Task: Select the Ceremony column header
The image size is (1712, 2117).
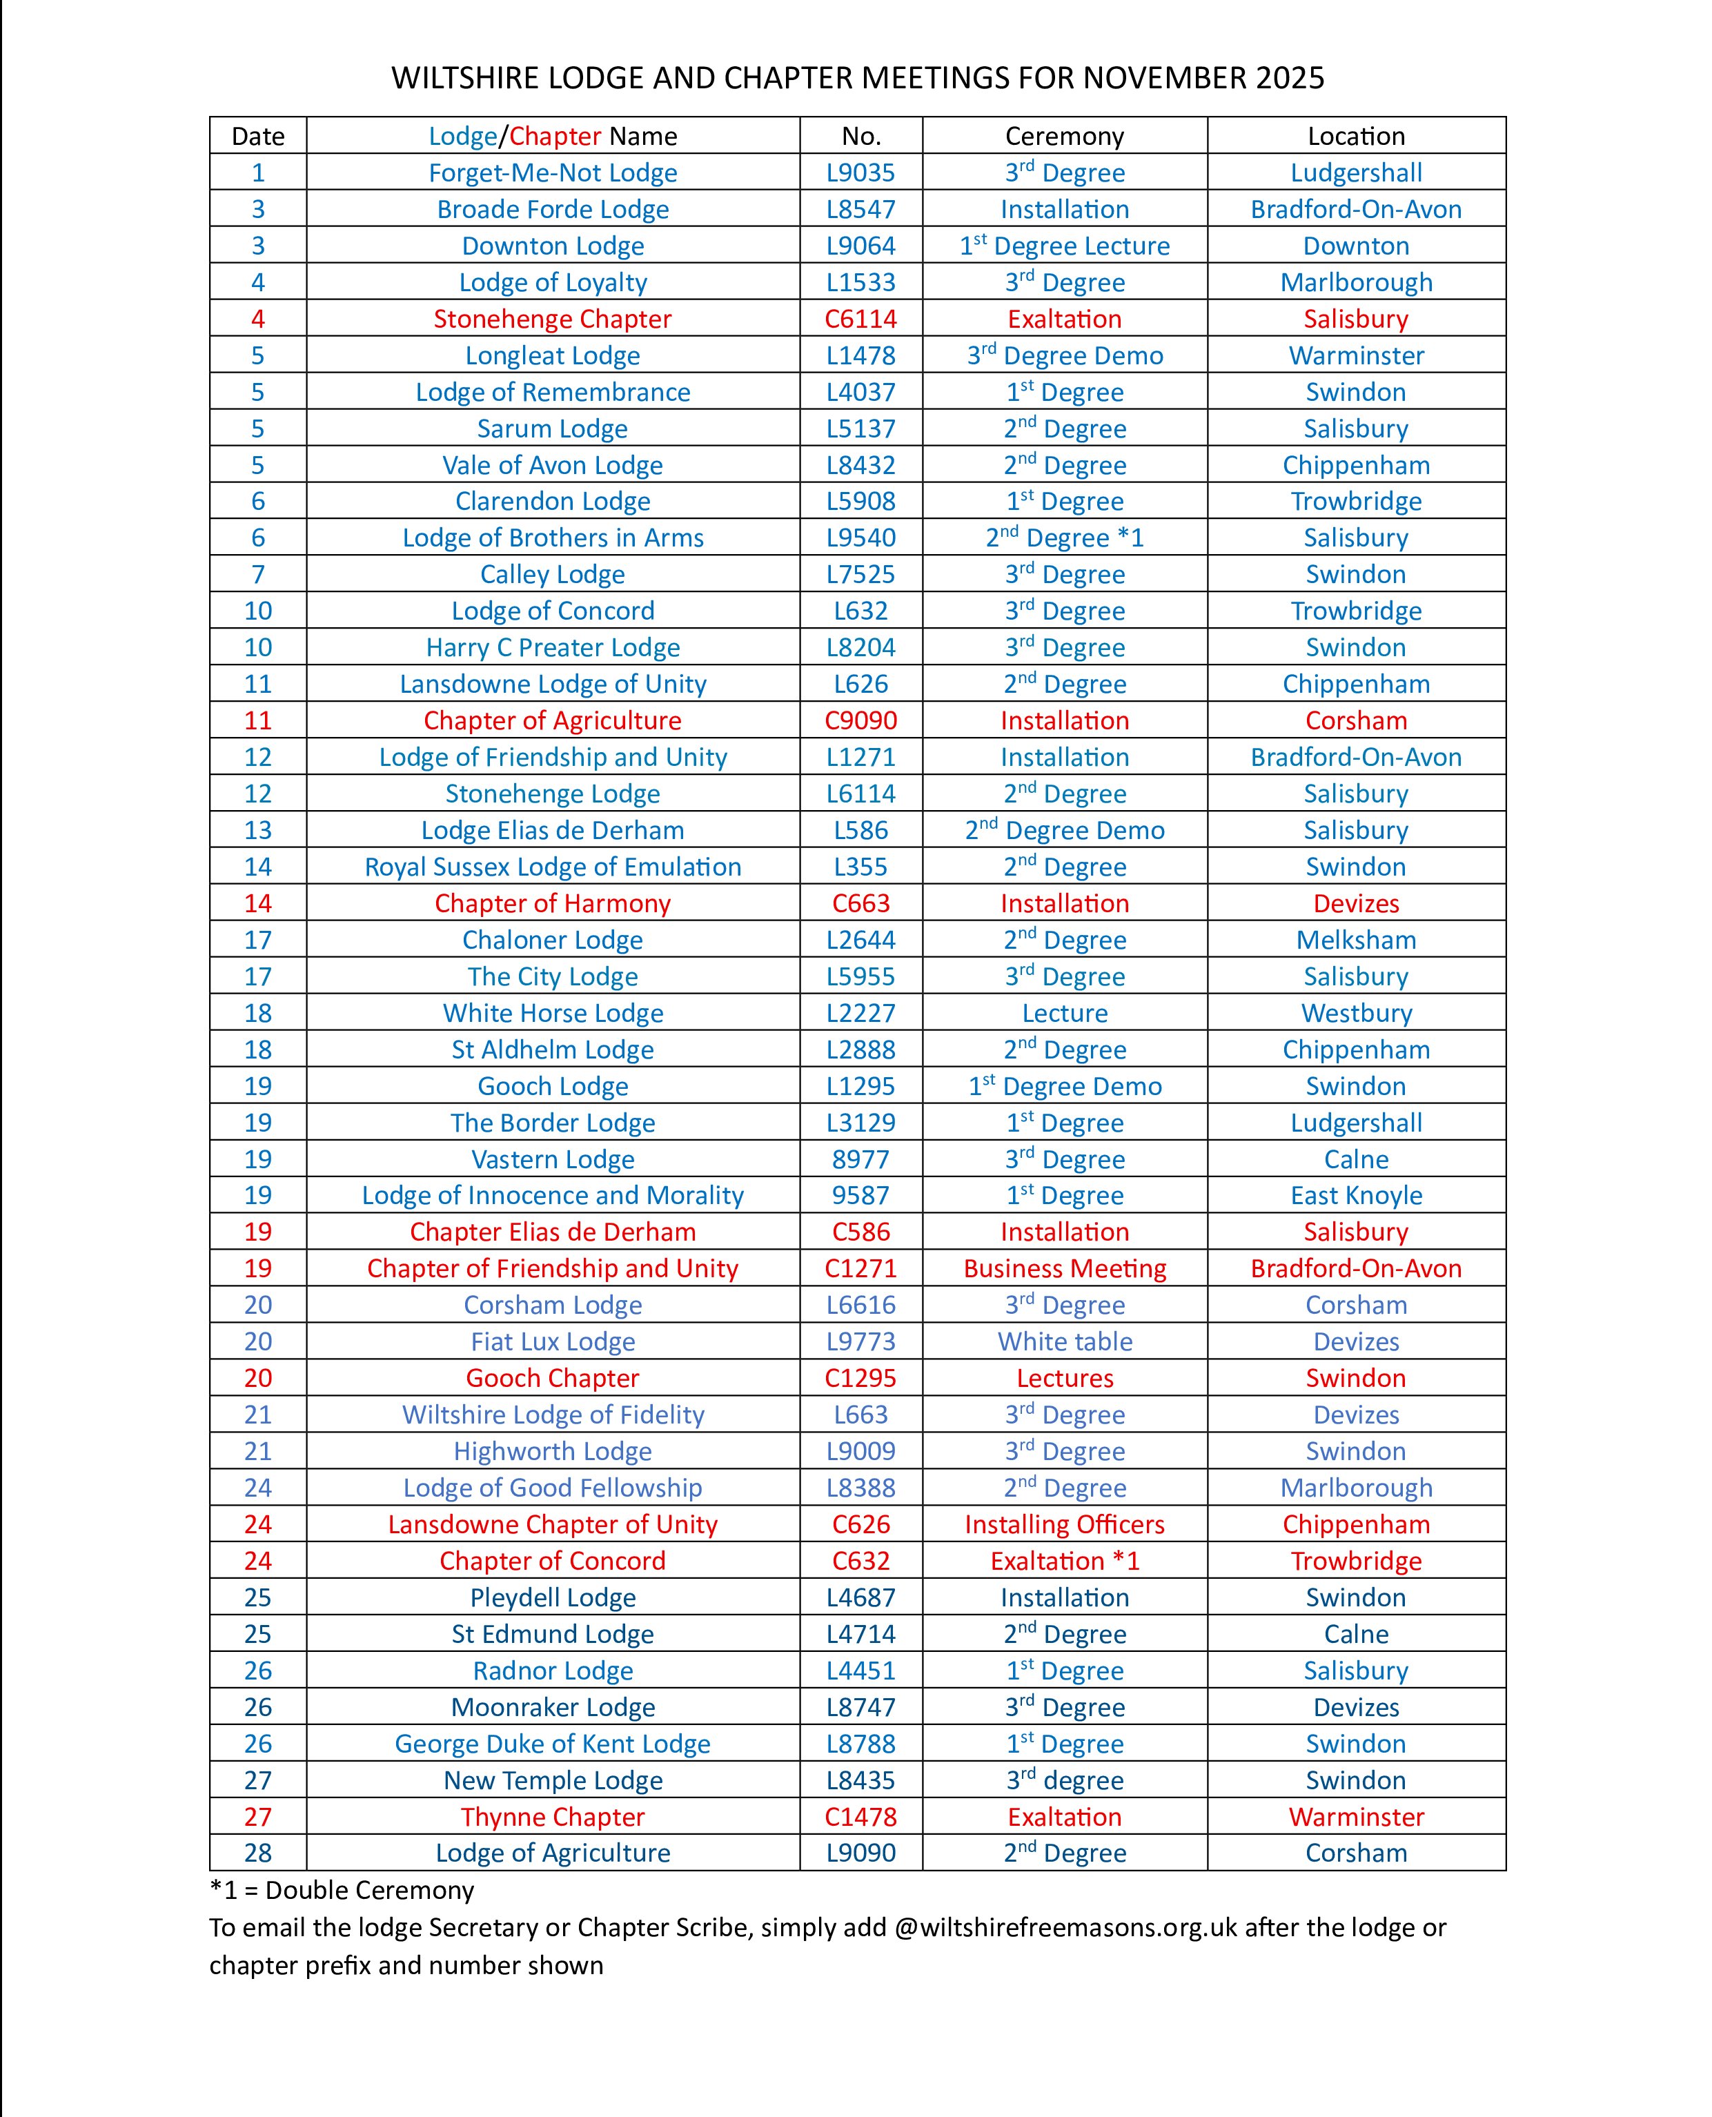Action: (x=1064, y=136)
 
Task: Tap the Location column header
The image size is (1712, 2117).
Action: (x=1356, y=136)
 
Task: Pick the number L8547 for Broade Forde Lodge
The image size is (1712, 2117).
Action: (x=861, y=209)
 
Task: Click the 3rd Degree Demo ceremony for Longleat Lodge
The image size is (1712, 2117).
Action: (x=1064, y=355)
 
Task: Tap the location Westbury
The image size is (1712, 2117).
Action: (x=1356, y=1013)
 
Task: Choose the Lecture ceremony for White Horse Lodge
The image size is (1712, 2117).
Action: (x=1064, y=1013)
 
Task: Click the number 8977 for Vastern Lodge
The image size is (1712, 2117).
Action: (x=861, y=1159)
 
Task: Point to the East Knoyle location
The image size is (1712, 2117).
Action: (x=1356, y=1195)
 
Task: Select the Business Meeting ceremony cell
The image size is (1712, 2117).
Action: (x=1064, y=1268)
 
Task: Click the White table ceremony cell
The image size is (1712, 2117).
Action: (x=1064, y=1341)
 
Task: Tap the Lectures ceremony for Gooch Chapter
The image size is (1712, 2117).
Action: (x=1064, y=1377)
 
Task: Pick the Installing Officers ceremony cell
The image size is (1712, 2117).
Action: (x=1064, y=1524)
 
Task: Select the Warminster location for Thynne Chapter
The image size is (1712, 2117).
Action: (x=1356, y=1816)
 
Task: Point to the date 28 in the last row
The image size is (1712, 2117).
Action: (x=257, y=1853)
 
